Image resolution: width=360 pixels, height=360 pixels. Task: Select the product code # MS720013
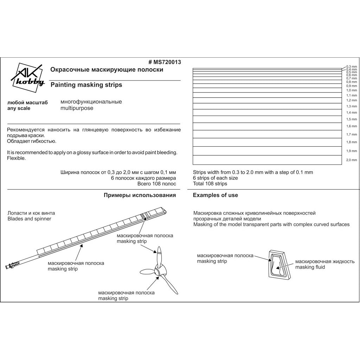click(165, 62)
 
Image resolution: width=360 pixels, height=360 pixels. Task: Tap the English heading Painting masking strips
click(86, 85)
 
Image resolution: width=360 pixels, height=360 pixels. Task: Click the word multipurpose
click(77, 108)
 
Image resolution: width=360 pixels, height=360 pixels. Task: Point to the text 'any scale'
click(19, 108)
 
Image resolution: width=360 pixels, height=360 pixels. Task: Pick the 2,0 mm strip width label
click(351, 160)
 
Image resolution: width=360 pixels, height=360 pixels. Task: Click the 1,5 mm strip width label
click(351, 119)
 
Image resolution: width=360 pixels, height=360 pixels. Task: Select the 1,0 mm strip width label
click(351, 90)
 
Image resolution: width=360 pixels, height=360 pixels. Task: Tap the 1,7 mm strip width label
click(351, 135)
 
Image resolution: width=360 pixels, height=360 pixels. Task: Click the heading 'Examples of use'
click(215, 195)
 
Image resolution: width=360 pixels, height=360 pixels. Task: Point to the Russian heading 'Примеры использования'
click(140, 195)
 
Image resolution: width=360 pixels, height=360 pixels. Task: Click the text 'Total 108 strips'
click(210, 184)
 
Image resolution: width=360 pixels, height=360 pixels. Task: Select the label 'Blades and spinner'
click(29, 219)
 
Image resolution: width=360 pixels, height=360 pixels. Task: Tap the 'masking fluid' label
click(310, 267)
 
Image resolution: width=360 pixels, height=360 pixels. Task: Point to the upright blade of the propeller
click(159, 257)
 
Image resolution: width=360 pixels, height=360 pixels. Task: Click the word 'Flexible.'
click(16, 158)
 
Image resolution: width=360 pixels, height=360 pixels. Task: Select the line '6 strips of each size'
click(215, 178)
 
